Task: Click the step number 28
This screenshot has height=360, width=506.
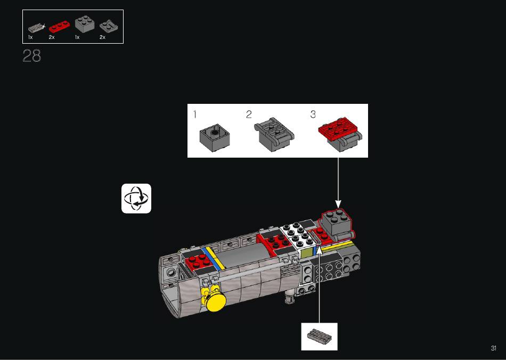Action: pos(32,56)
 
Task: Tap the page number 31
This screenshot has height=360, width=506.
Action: pos(493,348)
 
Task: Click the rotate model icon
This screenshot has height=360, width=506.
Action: pos(136,199)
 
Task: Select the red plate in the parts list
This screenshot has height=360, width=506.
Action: pos(59,27)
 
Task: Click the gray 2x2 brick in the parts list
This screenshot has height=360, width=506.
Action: pos(85,25)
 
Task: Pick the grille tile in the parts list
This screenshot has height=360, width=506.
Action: pos(36,28)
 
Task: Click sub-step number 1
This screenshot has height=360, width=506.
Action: pos(194,114)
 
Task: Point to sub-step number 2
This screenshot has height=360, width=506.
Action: pos(249,114)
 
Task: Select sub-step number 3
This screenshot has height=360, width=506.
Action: pos(313,114)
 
